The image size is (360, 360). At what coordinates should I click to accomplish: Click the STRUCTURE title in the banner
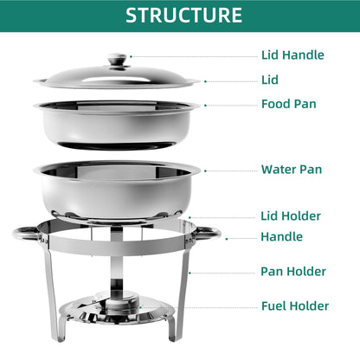183,16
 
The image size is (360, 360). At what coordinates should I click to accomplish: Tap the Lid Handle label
292,55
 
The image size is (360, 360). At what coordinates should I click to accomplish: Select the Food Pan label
288,104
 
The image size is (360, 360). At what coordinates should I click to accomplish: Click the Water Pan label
292,170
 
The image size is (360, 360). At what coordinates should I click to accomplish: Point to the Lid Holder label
291,215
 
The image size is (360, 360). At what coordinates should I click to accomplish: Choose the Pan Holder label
293,271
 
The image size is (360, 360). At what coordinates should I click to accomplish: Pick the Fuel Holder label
295,306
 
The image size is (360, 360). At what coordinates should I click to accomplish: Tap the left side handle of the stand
27,234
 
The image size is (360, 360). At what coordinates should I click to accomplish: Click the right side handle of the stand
207,233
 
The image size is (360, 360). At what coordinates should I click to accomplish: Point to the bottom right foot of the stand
172,327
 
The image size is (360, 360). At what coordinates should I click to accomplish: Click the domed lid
117,77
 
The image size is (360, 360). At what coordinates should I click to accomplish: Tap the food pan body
117,124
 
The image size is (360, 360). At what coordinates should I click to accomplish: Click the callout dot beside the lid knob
131,56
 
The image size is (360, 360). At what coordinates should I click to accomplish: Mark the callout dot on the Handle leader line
227,239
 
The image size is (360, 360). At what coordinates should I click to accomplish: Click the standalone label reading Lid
270,80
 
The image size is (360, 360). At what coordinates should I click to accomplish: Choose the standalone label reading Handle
281,236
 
